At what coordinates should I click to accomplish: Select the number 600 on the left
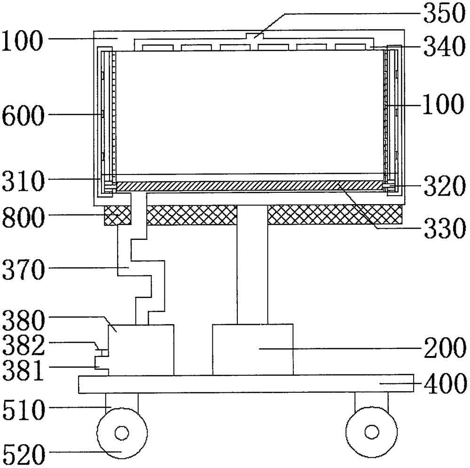23,114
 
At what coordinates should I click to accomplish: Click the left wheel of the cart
121,432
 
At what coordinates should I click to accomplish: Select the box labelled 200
252,349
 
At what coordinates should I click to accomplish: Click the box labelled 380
141,349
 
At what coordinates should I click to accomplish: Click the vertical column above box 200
252,263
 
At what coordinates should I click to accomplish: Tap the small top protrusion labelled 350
254,35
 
